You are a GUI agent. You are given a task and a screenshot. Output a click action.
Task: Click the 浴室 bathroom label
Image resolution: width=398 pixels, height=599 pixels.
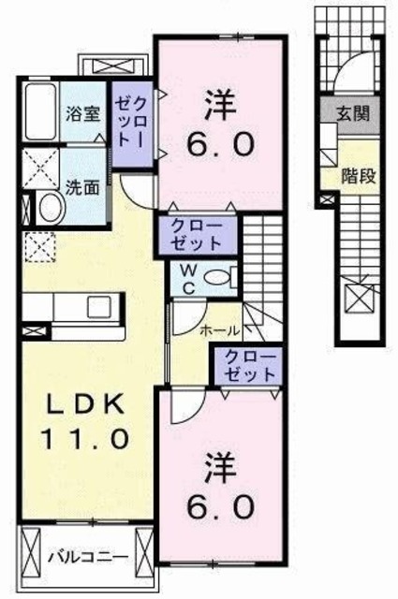coord(83,114)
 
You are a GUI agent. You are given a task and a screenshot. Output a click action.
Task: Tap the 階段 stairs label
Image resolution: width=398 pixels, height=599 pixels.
coord(357,176)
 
